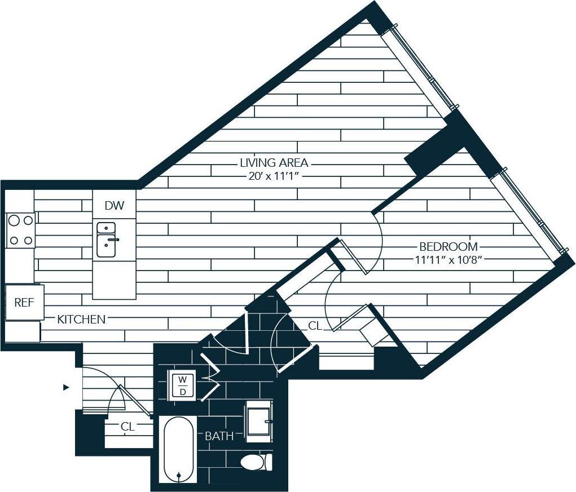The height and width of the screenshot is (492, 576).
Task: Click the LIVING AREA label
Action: click(x=274, y=163)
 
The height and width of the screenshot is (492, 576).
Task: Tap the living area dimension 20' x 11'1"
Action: click(x=274, y=176)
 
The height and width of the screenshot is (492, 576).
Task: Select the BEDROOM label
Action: click(x=448, y=247)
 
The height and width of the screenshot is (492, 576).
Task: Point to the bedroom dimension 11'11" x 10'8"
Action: click(x=448, y=260)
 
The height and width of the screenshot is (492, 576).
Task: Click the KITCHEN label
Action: click(x=81, y=320)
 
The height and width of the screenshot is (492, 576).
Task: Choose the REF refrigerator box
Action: click(x=24, y=303)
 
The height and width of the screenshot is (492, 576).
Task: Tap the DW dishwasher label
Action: click(x=114, y=205)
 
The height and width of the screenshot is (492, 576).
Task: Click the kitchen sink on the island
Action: click(x=107, y=240)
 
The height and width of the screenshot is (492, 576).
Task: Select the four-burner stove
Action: click(x=21, y=230)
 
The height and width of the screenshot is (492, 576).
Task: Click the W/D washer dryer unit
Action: click(x=182, y=385)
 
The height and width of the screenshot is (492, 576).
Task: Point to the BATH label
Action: click(x=219, y=436)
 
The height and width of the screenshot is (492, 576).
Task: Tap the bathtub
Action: click(x=178, y=449)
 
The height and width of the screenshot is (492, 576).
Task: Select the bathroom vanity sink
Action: click(x=260, y=420)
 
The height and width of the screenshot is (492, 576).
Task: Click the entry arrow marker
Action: click(x=66, y=387)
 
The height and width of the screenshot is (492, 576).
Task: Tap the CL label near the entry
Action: click(x=127, y=427)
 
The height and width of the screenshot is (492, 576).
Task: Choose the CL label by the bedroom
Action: click(x=315, y=326)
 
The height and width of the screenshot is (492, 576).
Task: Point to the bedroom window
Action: click(x=527, y=211)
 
